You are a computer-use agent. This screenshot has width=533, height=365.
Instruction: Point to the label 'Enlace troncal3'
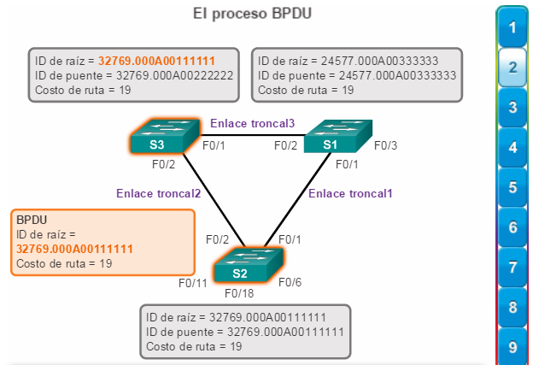coord(252,124)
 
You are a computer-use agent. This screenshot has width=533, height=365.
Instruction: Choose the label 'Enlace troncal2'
coord(159,193)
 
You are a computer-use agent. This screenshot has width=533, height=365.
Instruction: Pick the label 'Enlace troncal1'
coord(350,193)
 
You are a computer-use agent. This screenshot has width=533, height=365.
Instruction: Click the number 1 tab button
coord(512,27)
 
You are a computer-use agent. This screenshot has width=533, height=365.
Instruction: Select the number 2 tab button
coord(512,68)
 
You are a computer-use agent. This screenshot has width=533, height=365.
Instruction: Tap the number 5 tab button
coord(512,187)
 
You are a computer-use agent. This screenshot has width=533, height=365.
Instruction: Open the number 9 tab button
coord(512,347)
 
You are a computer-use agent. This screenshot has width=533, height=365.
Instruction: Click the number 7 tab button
coord(512,268)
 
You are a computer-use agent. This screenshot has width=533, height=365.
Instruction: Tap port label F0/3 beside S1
coord(386,145)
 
